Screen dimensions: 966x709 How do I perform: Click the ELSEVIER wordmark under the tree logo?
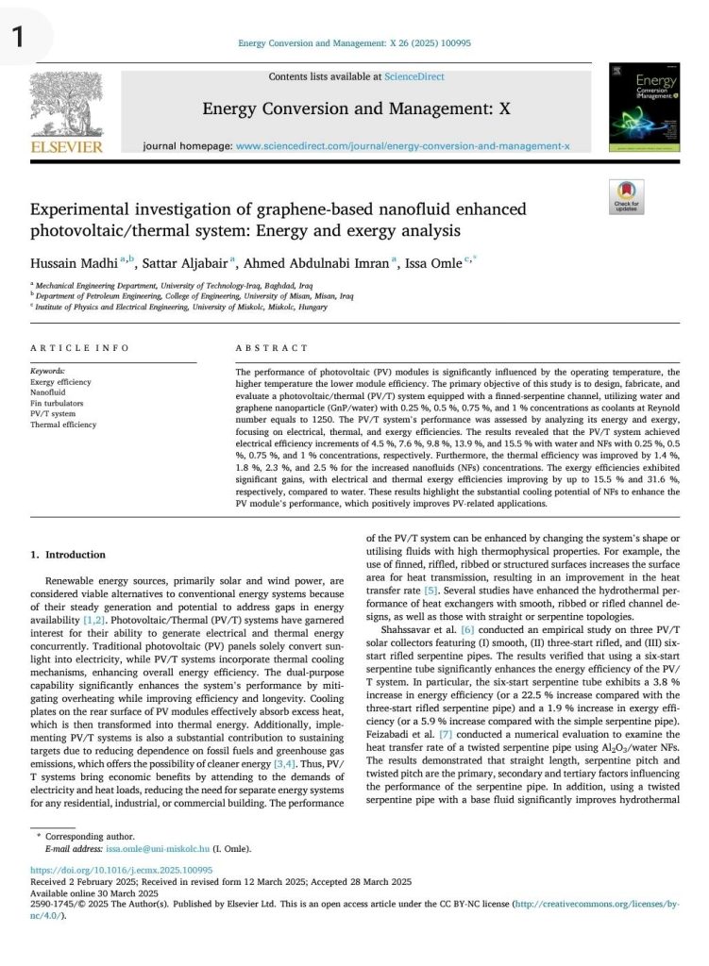point(66,148)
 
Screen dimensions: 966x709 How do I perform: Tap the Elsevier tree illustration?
point(66,105)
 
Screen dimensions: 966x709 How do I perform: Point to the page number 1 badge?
point(19,36)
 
